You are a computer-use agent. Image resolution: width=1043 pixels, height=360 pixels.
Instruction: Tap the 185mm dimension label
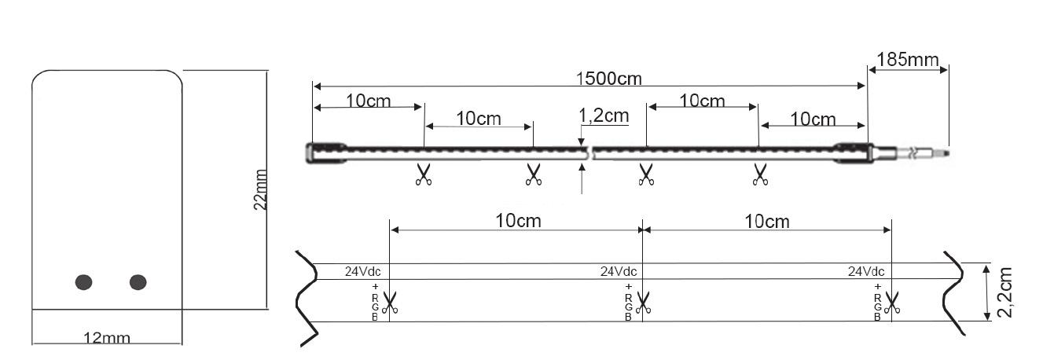907,59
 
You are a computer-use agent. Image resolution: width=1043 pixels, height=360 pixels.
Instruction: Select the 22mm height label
261,189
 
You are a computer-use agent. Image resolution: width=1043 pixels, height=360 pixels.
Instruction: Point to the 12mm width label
108,338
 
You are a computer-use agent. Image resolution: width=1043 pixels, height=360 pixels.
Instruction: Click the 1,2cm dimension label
604,116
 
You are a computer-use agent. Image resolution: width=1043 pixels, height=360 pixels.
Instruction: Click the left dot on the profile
84,281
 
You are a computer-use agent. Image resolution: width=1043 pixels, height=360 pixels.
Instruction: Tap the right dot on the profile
138,281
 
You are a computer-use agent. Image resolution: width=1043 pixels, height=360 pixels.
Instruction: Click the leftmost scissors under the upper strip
424,174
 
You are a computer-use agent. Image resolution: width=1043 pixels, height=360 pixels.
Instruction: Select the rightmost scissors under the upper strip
760,174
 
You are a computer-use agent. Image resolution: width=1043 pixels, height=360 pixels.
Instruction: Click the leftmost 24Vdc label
362,272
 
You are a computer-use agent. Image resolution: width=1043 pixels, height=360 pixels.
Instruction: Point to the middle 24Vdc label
619,272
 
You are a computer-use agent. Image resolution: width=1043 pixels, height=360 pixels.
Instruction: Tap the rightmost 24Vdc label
866,272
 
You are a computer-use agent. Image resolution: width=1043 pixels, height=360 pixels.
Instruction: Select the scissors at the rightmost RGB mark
893,302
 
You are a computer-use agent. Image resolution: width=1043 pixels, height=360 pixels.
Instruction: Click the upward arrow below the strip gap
582,180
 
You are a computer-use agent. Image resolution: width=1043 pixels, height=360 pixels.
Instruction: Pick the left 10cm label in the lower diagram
518,221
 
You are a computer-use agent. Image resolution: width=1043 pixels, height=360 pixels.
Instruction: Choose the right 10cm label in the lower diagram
766,221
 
